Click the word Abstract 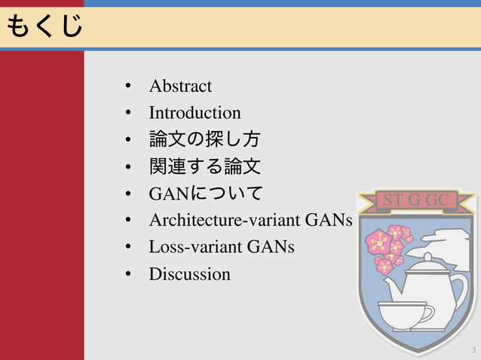pos(180,86)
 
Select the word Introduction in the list pos(195,113)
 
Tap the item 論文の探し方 pos(205,140)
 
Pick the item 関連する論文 pos(205,166)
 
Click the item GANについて pos(206,194)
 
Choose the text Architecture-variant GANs pos(250,221)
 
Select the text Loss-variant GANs pos(222,247)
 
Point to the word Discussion pos(189,274)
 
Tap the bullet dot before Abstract pos(130,87)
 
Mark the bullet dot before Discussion pos(130,274)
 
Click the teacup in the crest pos(403,313)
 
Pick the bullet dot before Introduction pos(130,113)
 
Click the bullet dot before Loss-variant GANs pos(130,247)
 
